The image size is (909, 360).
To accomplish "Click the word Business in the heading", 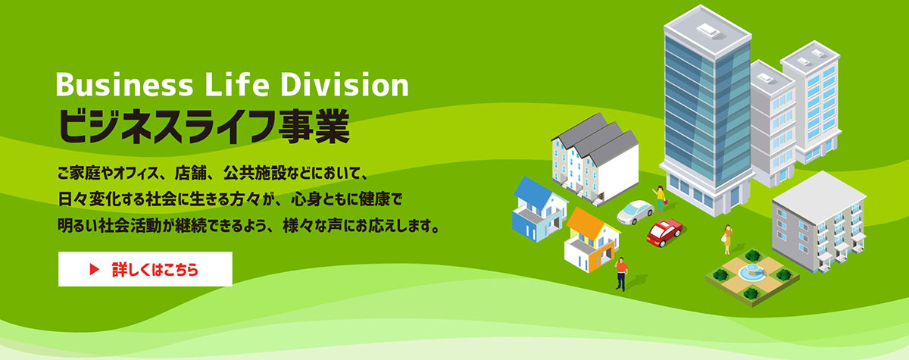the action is click(x=124, y=84).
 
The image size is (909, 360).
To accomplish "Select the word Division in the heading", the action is click(x=345, y=84).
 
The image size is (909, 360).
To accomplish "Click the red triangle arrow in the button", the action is click(x=95, y=270).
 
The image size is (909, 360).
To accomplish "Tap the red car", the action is click(x=664, y=233).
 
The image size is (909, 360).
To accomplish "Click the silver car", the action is click(x=635, y=211).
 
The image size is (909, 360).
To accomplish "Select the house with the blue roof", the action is click(x=539, y=209).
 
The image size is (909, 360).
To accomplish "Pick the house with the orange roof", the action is click(x=592, y=239).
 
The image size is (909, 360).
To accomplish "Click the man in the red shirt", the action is click(x=621, y=274).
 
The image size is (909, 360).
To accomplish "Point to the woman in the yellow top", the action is click(x=661, y=199).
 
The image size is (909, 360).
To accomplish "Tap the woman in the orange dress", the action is click(x=727, y=239).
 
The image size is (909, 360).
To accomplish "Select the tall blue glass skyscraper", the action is click(x=707, y=110).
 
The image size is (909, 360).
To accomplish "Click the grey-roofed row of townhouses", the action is click(x=595, y=158).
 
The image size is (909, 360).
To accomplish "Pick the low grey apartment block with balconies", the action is click(x=819, y=221).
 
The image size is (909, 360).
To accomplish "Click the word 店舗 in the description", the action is click(x=189, y=174).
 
